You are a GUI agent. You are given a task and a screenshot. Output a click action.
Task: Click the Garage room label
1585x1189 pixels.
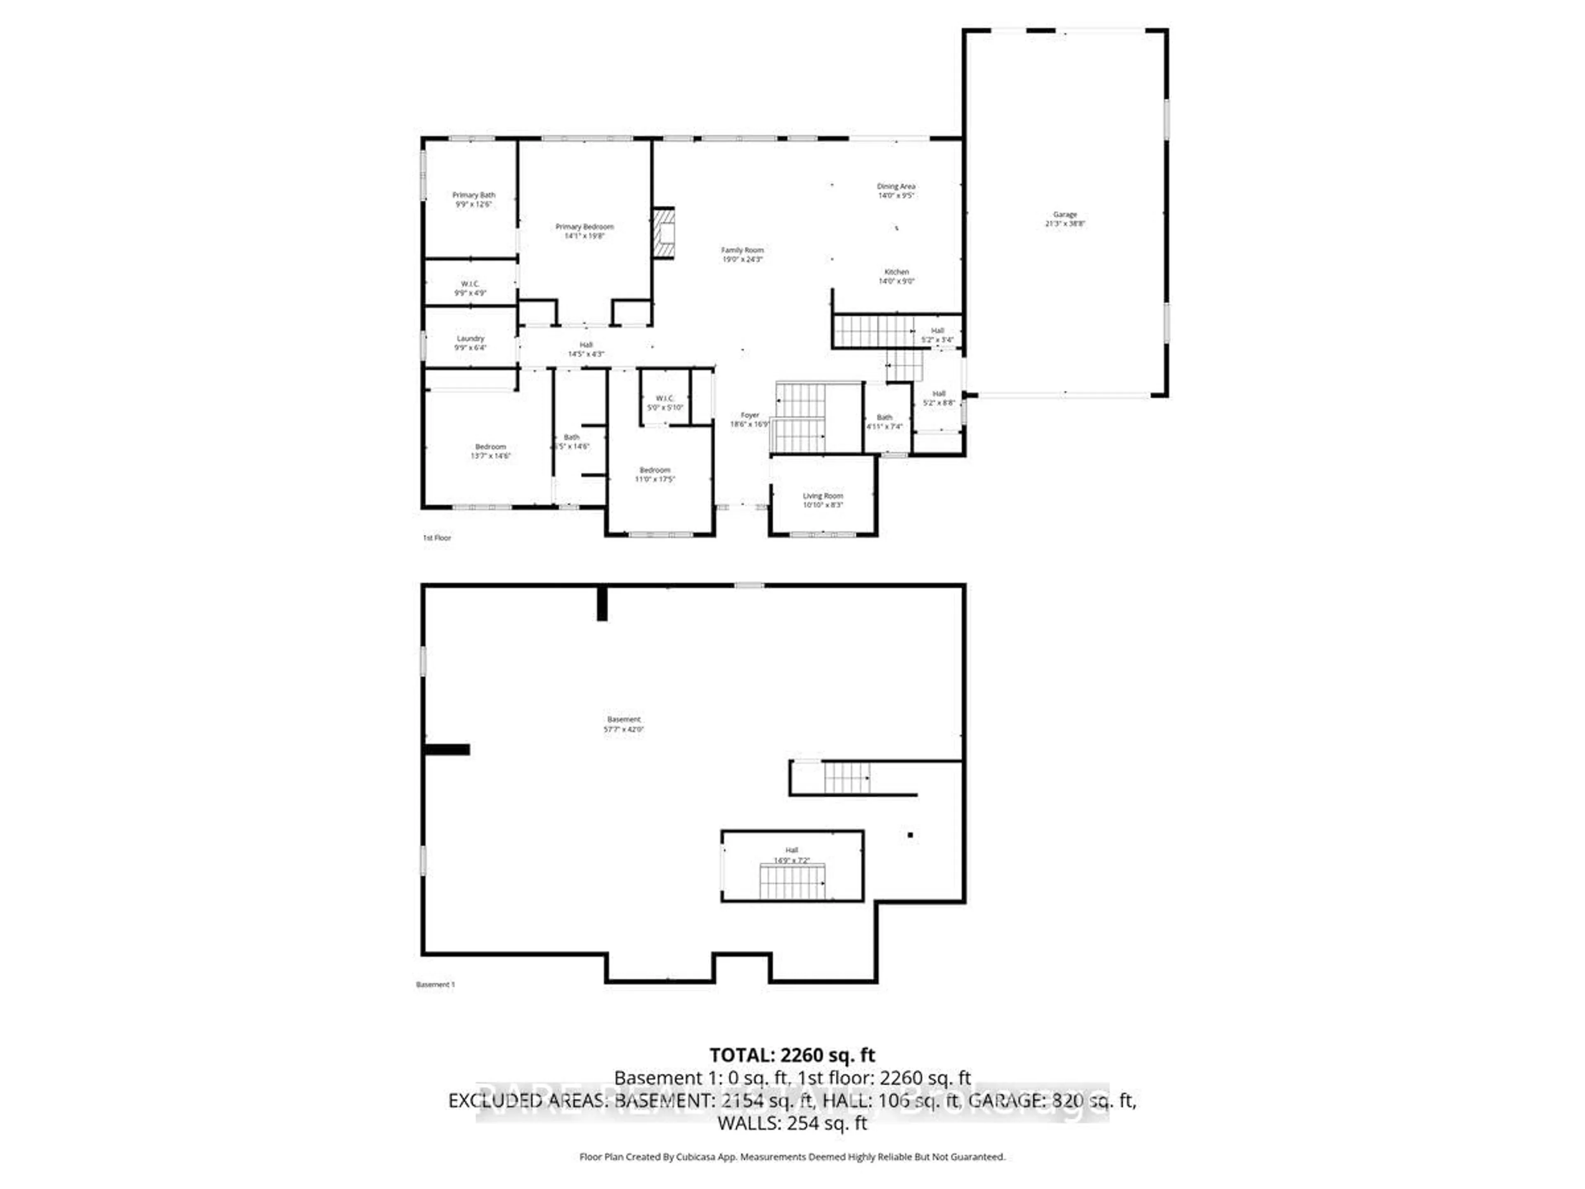(x=1065, y=218)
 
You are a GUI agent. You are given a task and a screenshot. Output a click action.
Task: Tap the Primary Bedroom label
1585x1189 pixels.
(x=585, y=231)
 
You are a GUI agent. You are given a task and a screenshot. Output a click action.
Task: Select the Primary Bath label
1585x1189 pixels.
(x=473, y=199)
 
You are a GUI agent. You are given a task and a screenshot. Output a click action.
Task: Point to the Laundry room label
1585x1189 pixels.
(x=471, y=343)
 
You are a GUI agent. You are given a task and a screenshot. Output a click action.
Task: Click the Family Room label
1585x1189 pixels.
(x=742, y=254)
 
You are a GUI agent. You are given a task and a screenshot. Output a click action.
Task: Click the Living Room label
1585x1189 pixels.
(x=823, y=500)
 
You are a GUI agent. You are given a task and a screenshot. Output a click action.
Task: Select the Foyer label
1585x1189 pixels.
(x=750, y=419)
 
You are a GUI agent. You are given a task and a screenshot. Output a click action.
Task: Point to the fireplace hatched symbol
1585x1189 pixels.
(x=664, y=232)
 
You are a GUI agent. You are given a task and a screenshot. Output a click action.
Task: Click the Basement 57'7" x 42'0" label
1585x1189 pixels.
(x=623, y=724)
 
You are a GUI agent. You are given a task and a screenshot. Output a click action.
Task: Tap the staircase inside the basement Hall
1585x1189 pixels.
(x=792, y=881)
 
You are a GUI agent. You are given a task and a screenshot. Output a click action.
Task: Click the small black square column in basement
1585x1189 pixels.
(x=910, y=835)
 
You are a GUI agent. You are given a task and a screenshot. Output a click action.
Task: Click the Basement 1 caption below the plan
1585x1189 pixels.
(x=435, y=985)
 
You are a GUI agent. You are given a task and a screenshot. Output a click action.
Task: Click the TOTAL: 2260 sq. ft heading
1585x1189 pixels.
(x=792, y=1055)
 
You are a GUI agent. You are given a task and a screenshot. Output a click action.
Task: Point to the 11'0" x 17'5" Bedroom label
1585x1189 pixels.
(x=655, y=474)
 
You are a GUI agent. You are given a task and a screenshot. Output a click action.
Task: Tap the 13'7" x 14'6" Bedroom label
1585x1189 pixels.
(x=491, y=451)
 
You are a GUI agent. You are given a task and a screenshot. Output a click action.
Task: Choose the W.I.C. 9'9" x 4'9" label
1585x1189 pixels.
(x=470, y=288)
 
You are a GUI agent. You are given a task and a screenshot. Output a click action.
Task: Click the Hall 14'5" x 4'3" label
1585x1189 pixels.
(x=586, y=349)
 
